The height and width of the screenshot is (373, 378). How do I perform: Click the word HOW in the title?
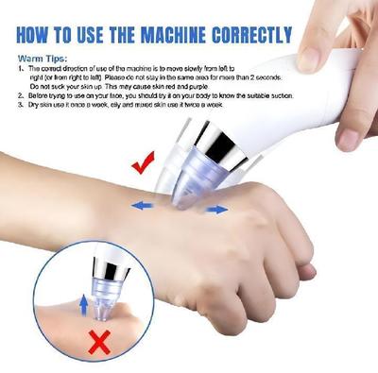tap(37, 37)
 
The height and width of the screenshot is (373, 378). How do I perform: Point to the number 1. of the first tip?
tap(20, 70)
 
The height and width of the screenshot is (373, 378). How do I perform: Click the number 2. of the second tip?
tap(20, 97)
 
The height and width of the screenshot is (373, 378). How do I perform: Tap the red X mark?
tap(95, 343)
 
